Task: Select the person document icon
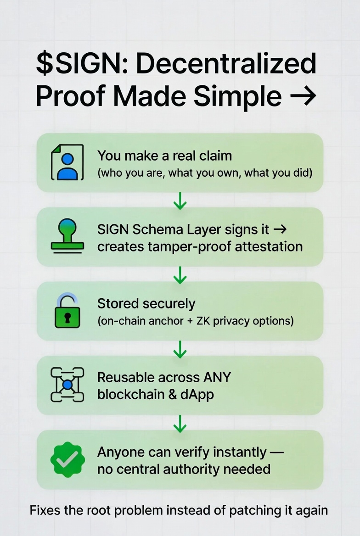tap(67, 162)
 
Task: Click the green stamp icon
tap(67, 236)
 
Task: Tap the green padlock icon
tap(67, 312)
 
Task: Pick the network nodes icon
tap(67, 385)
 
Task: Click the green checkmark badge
tap(67, 459)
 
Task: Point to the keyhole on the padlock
tap(67, 318)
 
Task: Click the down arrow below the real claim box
tap(180, 201)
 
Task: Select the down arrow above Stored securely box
tap(180, 274)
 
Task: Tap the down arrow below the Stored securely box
tap(180, 349)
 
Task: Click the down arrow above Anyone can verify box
tap(180, 423)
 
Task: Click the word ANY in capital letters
tap(215, 378)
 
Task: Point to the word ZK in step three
tap(203, 321)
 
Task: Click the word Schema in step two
tap(149, 229)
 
